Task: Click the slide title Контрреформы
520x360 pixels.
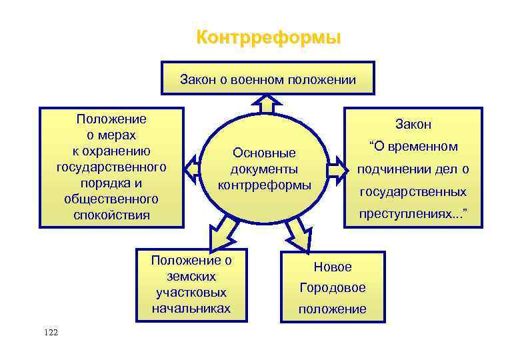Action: click(268, 37)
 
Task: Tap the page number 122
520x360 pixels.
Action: click(50, 331)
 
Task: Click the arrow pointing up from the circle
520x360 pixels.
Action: click(268, 105)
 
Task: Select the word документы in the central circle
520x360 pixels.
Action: click(264, 169)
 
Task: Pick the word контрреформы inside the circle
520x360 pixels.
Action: click(265, 184)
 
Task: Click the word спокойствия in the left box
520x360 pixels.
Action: click(112, 215)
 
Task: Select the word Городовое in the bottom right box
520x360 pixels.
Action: click(333, 288)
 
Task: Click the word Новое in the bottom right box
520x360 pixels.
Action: click(333, 267)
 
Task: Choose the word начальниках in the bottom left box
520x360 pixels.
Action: click(191, 308)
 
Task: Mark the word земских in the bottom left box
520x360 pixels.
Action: click(191, 276)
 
